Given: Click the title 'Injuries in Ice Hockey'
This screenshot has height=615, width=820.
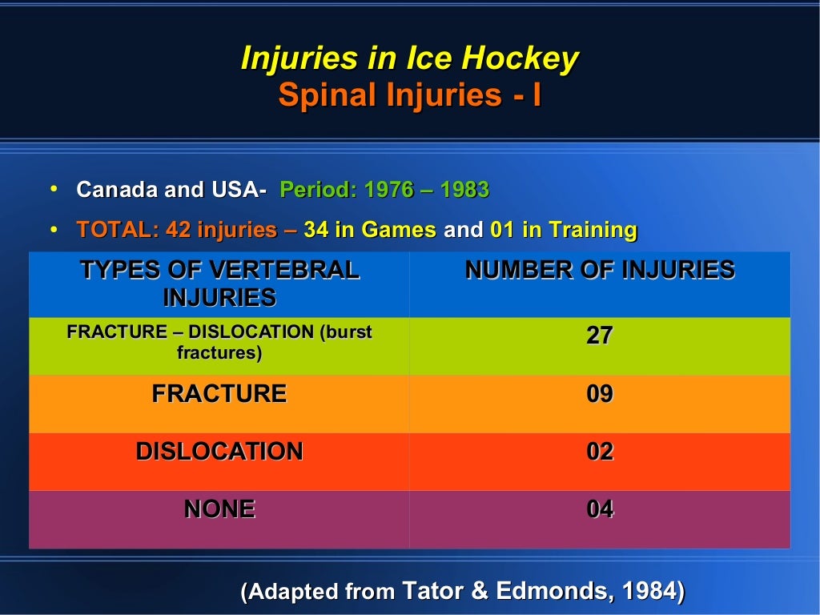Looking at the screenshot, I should tap(409, 59).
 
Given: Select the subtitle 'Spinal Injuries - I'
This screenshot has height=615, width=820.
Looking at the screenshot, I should tap(409, 95).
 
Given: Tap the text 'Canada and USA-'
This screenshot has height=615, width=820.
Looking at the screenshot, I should tap(171, 191).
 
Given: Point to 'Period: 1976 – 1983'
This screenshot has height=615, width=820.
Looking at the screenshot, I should tap(384, 191).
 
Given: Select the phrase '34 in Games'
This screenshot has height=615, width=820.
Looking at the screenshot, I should tap(370, 231).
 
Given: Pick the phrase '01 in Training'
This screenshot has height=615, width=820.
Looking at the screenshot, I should tap(563, 231).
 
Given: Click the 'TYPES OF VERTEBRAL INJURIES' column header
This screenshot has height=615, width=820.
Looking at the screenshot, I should tap(219, 283).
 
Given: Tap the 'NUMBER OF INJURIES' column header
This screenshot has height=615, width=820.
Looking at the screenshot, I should tap(600, 271).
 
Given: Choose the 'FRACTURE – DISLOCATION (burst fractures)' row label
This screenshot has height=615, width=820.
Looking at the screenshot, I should tap(219, 342).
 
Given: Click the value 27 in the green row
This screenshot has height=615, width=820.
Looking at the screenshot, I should tap(600, 336).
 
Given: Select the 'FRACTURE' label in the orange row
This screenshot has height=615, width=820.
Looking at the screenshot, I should tap(219, 394).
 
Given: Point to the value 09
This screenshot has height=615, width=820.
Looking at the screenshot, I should tap(600, 394).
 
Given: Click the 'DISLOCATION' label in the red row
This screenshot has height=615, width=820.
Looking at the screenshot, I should tap(219, 452).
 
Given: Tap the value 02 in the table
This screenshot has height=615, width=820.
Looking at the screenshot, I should tap(600, 452).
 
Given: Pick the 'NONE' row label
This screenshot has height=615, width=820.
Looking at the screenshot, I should tap(219, 509).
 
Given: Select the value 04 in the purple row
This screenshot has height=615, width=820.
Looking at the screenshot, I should tap(600, 509).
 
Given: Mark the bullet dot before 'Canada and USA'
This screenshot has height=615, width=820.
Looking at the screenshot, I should tap(54, 189).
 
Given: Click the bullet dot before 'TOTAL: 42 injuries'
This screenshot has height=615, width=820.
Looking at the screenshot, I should tap(54, 230).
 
